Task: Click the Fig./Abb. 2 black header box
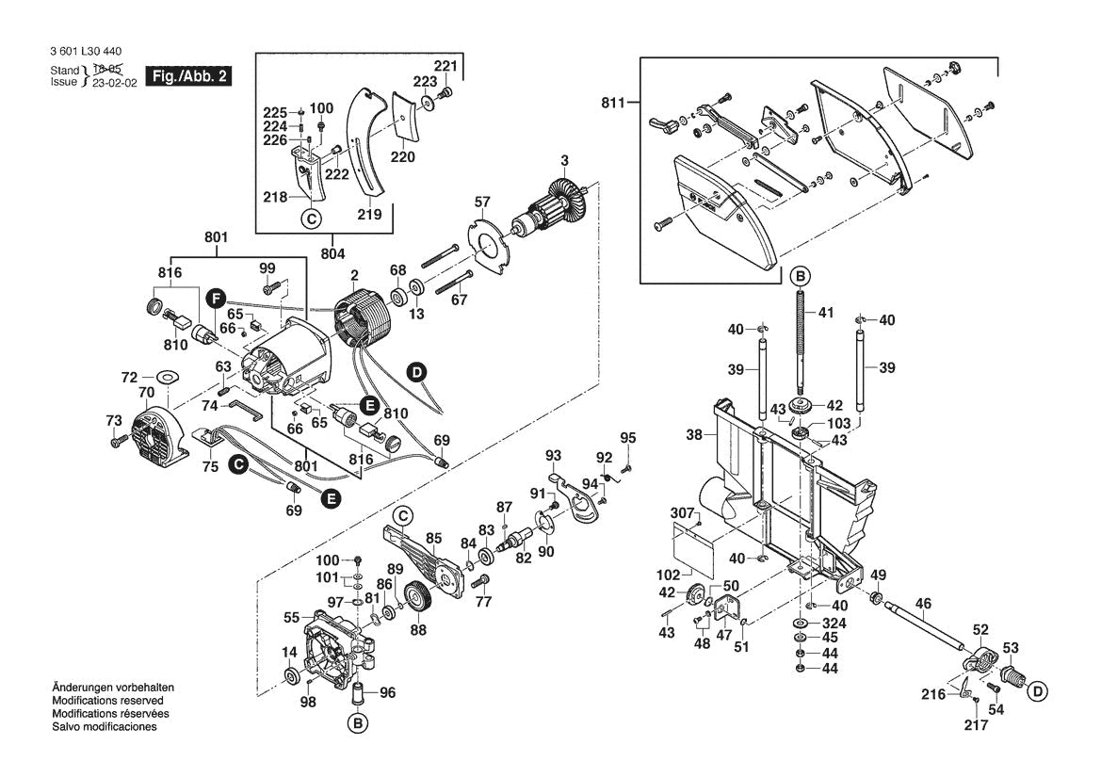[x=187, y=76]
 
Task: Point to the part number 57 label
[x=482, y=203]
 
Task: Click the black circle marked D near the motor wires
[x=416, y=372]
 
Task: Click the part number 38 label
[x=694, y=436]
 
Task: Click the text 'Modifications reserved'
[x=107, y=702]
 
